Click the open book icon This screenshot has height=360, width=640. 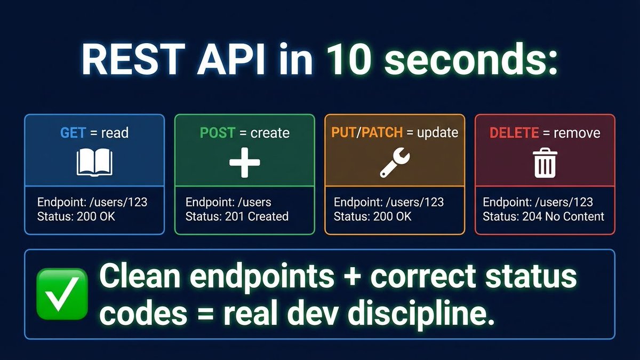(x=94, y=163)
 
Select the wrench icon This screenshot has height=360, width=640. (x=395, y=163)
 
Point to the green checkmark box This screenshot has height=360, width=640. (x=61, y=294)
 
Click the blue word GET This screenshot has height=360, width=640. (x=73, y=132)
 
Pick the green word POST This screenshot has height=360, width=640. (x=218, y=132)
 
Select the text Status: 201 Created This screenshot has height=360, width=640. (x=237, y=217)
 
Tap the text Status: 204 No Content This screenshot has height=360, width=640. (x=543, y=217)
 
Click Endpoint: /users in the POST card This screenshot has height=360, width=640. (x=228, y=203)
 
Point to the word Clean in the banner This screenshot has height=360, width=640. (x=140, y=276)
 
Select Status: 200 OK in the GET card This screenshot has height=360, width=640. (x=76, y=217)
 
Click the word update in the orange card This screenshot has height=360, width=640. (x=437, y=132)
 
